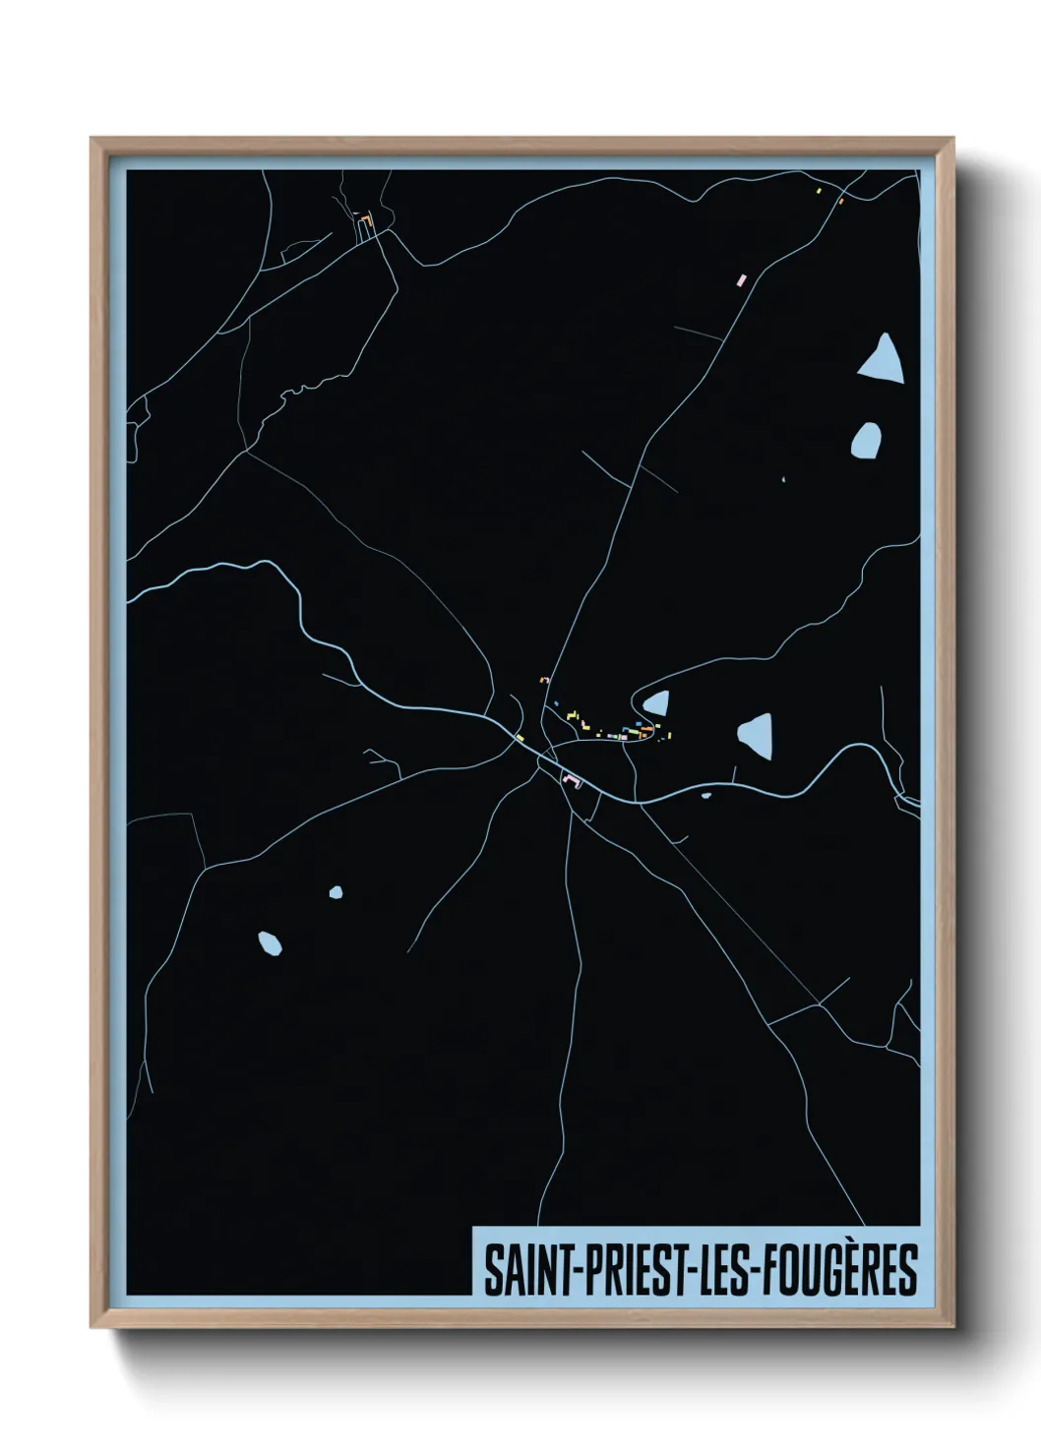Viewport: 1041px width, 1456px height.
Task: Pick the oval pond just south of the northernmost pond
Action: (866, 440)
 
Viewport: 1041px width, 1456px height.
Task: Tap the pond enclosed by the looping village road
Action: (657, 702)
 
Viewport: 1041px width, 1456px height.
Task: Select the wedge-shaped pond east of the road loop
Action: (757, 734)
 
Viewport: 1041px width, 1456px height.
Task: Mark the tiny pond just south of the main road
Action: (705, 796)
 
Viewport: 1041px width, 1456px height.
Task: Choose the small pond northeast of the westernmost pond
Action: (336, 892)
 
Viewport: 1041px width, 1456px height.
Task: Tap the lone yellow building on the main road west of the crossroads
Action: (520, 737)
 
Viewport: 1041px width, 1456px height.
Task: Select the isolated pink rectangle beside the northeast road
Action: (743, 279)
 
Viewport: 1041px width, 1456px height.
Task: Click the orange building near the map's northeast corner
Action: (841, 202)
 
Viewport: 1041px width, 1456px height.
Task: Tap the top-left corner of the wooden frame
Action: (92, 139)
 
